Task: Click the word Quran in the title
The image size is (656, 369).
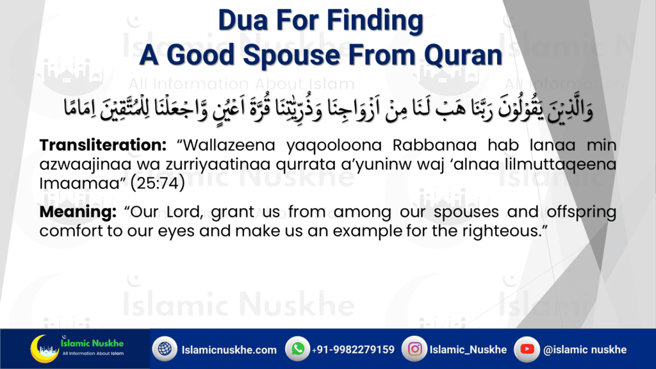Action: (463, 56)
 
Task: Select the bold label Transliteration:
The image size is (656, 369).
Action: (103, 145)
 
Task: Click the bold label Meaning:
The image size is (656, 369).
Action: (78, 212)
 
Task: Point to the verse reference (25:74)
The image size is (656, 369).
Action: (158, 183)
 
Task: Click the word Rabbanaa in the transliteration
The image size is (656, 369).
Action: (435, 145)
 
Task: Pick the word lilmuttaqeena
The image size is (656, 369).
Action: (561, 165)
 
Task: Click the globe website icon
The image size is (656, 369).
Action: (165, 348)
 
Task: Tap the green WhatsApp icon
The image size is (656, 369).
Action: (297, 348)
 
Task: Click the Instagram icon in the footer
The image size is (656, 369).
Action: (414, 348)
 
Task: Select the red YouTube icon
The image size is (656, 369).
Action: (527, 348)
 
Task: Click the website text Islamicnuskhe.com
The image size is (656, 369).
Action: (229, 350)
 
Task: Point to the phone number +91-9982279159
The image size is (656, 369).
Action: (353, 350)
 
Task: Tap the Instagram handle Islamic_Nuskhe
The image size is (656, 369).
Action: (468, 350)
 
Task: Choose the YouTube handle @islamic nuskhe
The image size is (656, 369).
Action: (585, 350)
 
